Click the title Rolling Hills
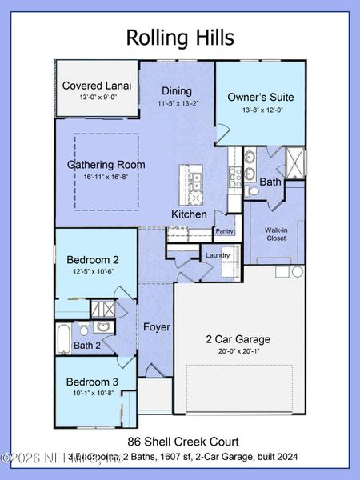pyautogui.click(x=180, y=37)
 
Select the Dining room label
pyautogui.click(x=176, y=91)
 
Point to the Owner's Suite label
pyautogui.click(x=260, y=97)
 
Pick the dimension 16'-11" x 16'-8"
pyautogui.click(x=106, y=178)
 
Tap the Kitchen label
pyautogui.click(x=189, y=214)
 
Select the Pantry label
pyautogui.click(x=223, y=232)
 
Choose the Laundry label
pyautogui.click(x=218, y=256)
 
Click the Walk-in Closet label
pyautogui.click(x=275, y=234)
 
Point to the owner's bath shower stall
pyautogui.click(x=294, y=162)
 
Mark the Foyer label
pyautogui.click(x=156, y=328)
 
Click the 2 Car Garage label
pyautogui.click(x=238, y=338)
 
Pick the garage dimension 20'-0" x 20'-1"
pyautogui.click(x=238, y=350)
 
